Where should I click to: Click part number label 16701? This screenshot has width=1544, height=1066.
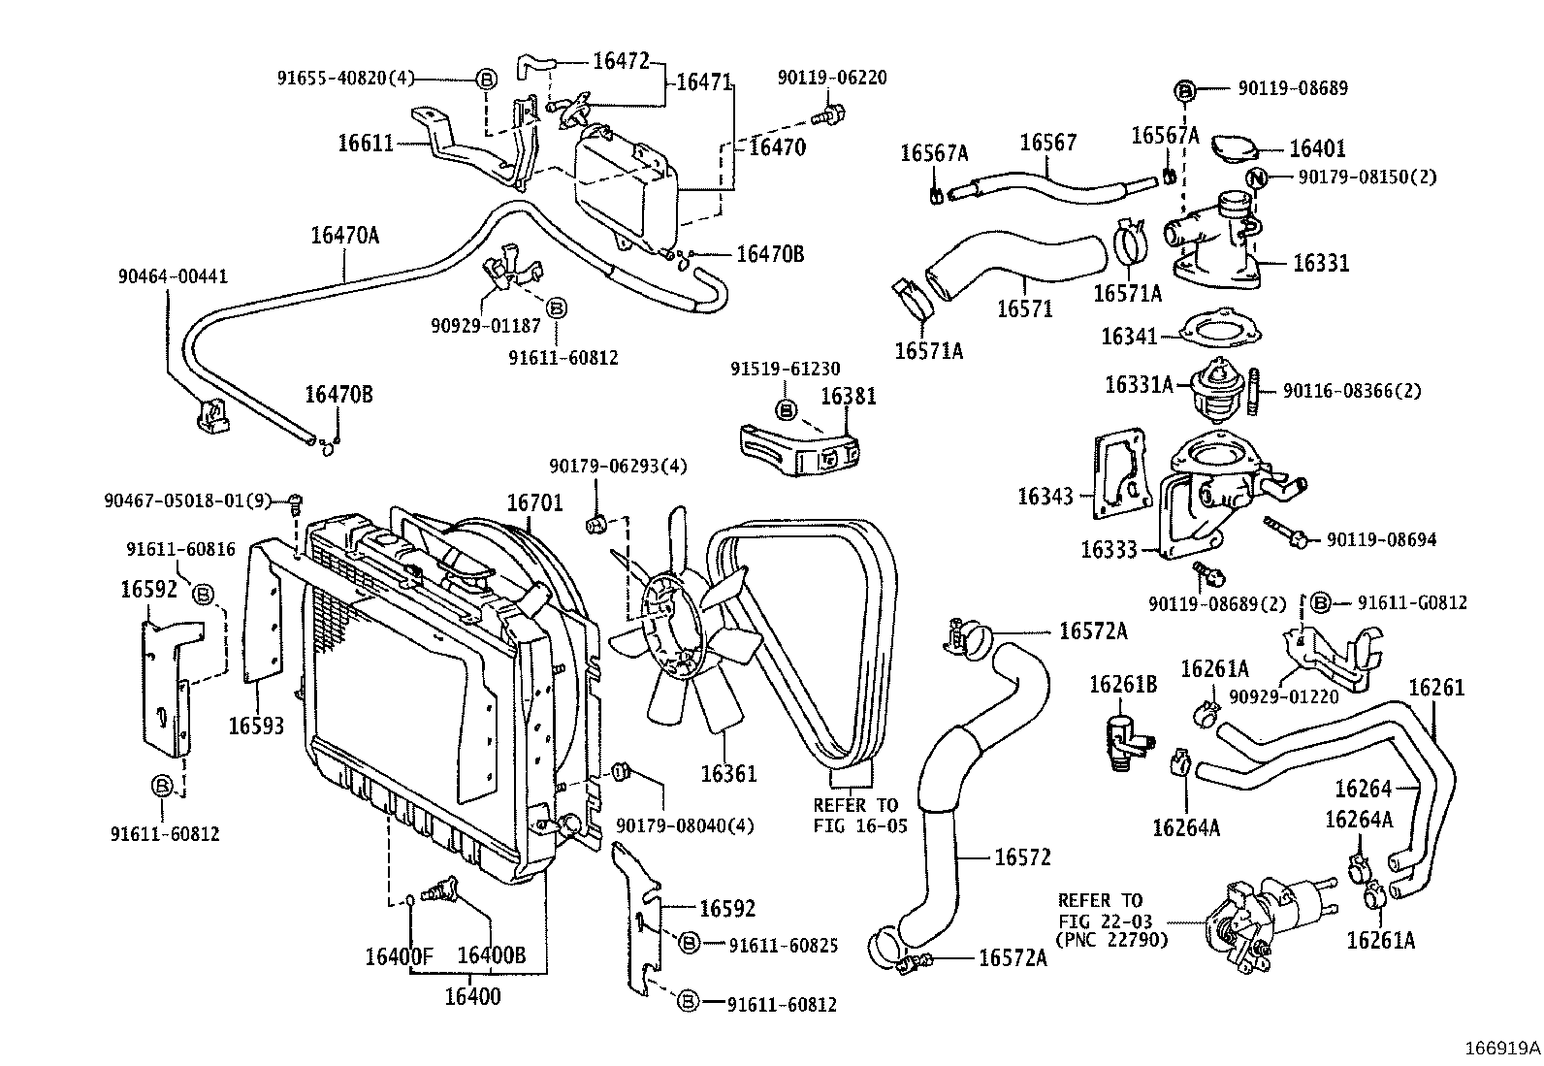click(534, 501)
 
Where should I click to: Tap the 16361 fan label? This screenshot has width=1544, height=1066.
click(728, 773)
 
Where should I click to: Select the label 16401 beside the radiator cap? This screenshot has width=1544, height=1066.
click(1317, 148)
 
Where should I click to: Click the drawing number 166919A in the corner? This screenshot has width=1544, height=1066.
click(1502, 1048)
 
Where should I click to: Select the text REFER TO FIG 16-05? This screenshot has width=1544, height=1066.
click(855, 815)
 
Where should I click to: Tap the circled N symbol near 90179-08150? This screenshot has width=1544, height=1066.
click(1258, 178)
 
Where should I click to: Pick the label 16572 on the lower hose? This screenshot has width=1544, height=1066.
click(1022, 856)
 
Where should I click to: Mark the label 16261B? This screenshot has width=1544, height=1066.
click(1122, 685)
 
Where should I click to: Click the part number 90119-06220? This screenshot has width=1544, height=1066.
click(831, 77)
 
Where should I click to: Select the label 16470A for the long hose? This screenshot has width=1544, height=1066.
click(344, 234)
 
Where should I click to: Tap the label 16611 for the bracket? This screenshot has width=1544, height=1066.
click(366, 144)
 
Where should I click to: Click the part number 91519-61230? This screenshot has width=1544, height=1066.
click(785, 369)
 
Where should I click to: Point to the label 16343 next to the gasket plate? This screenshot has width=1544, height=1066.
click(1045, 497)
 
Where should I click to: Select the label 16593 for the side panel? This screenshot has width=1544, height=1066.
click(257, 725)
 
